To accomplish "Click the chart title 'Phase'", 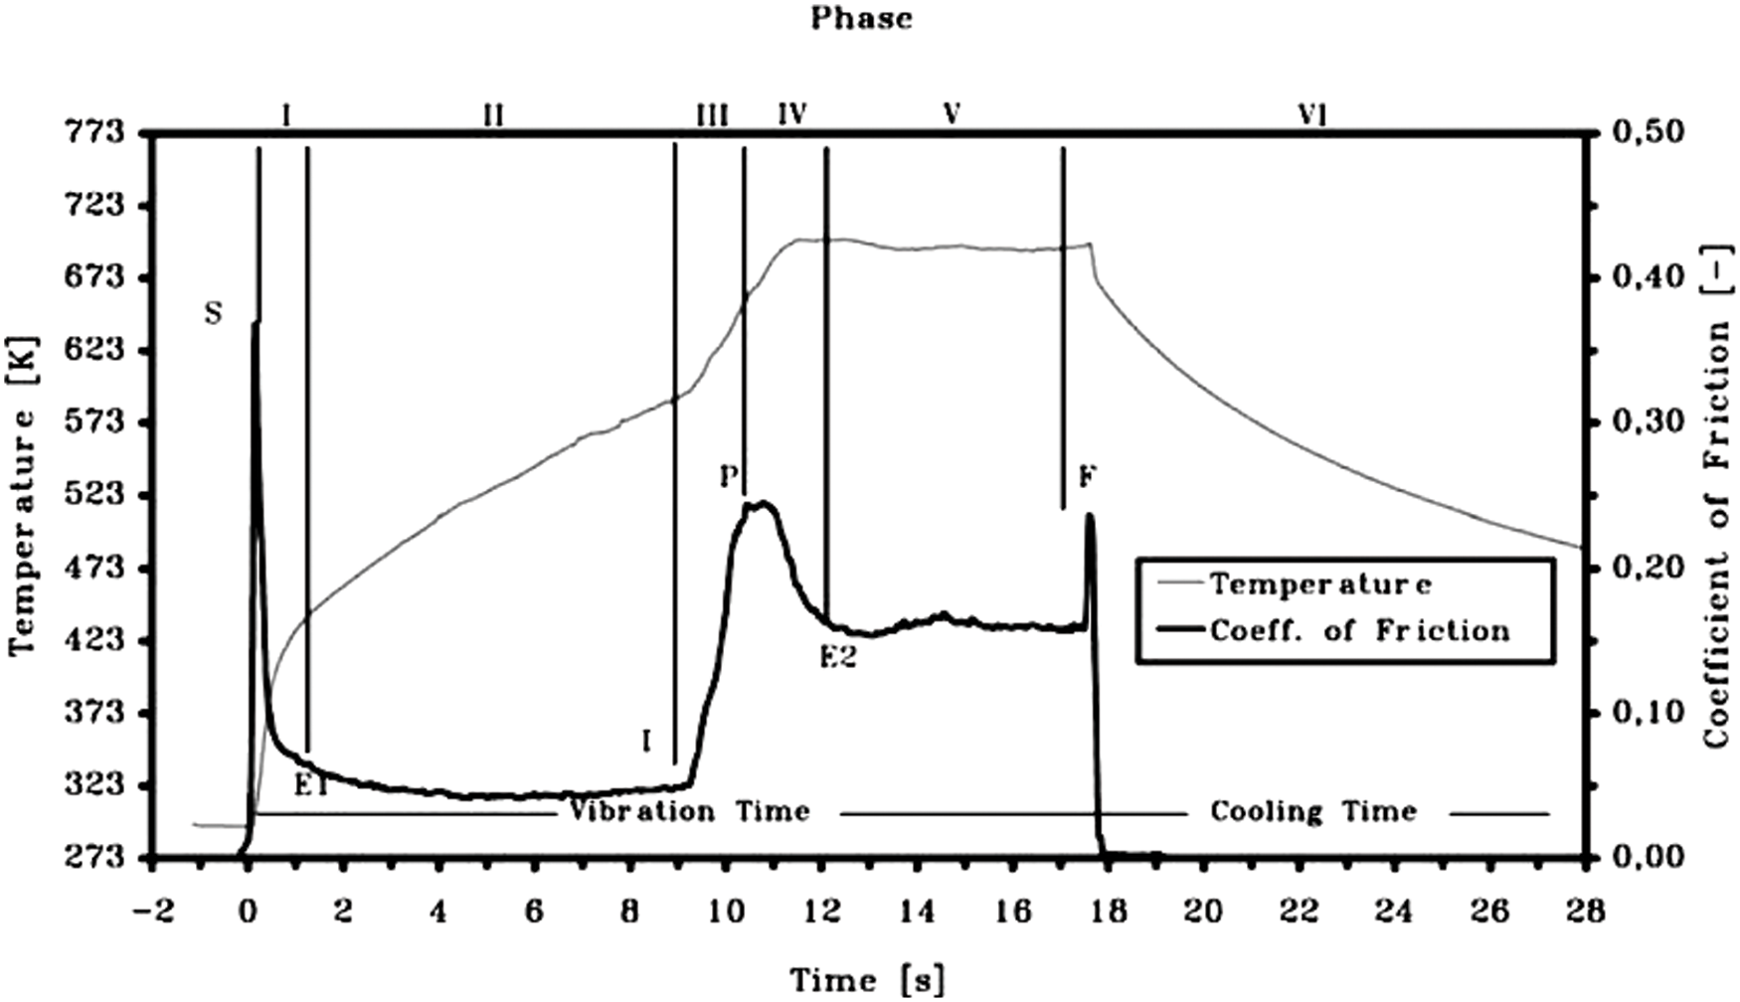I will pos(861,18).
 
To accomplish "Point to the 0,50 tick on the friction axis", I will pos(1642,132).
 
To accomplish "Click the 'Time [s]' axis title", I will pos(867,980).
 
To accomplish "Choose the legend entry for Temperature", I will pos(1320,584).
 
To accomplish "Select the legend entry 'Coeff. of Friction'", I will pos(1359,631).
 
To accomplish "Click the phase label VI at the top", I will pos(1312,116).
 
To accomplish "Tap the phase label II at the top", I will pos(493,116).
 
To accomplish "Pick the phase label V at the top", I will pos(952,116).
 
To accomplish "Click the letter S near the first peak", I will pos(213,314).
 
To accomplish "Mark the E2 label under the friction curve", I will pos(838,658).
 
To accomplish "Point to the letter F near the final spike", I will pos(1088,478).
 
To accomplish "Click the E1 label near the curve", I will pos(311,784).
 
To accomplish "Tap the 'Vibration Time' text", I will pos(689,812).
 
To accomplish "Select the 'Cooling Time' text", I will pos(1312,812).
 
